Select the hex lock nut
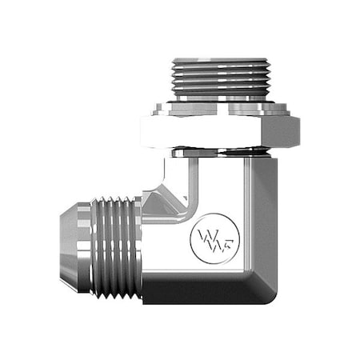click(219, 131)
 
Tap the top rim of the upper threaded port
click(221, 60)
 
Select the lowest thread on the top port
click(221, 94)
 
